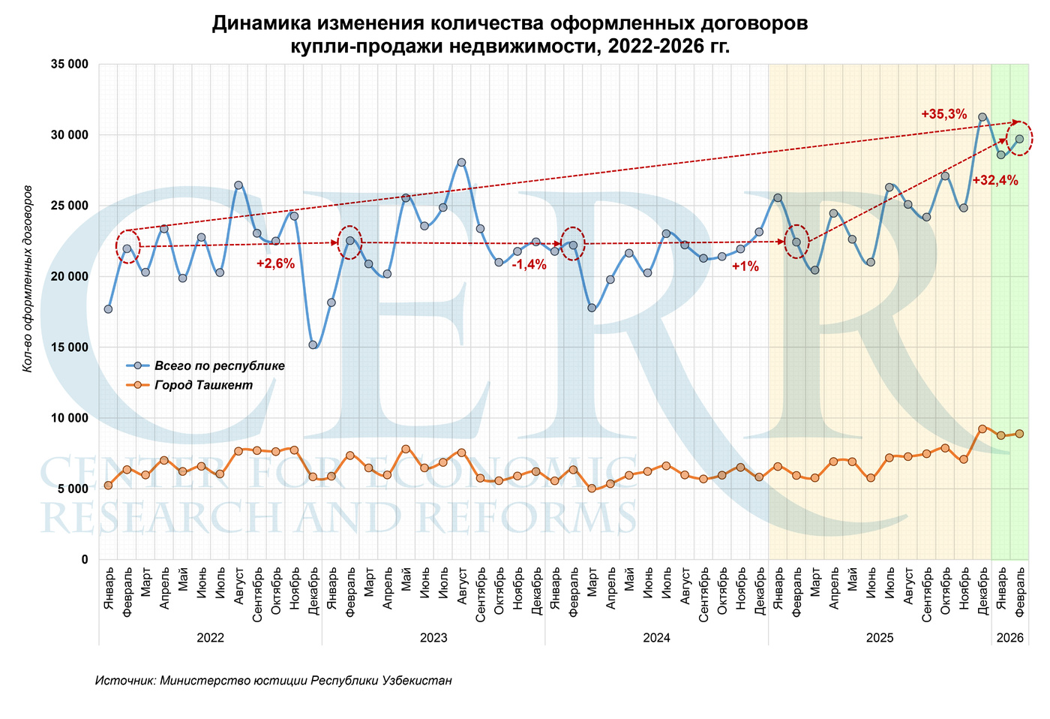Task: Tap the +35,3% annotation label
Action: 943,114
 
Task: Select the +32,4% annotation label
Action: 994,180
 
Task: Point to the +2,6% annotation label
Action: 275,263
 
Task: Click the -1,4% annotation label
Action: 528,264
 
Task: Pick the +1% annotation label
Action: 745,266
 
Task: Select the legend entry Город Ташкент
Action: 203,385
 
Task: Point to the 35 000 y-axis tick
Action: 69,65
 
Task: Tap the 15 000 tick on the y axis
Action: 69,347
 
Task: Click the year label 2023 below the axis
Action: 433,638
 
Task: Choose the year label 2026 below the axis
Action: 1009,638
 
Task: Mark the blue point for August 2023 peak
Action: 461,162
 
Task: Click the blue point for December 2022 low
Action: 313,344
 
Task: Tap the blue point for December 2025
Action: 982,117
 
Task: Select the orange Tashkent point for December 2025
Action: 982,429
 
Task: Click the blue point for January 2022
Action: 108,309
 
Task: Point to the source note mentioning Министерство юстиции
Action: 274,681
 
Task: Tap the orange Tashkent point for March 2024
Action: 592,488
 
